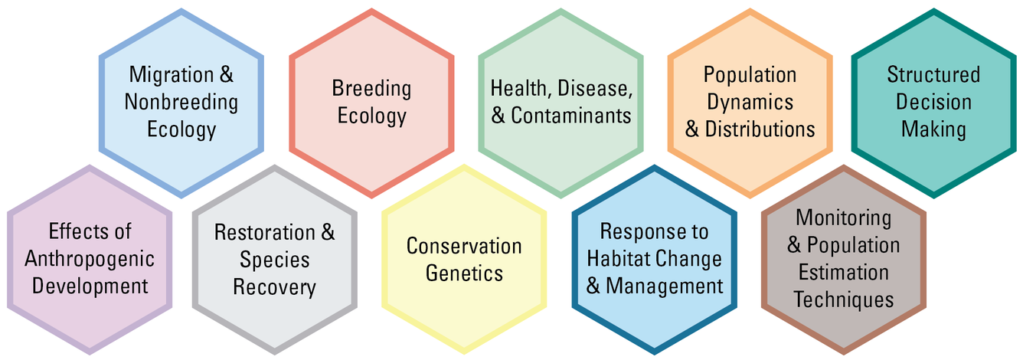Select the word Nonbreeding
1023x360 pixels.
tap(181, 102)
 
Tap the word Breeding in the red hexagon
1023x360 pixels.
tap(371, 89)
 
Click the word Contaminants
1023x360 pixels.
tap(571, 116)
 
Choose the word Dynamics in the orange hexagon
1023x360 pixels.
tap(750, 102)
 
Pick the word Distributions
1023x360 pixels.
tap(760, 129)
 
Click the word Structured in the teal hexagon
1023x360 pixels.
tap(933, 75)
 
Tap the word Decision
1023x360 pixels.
tap(933, 102)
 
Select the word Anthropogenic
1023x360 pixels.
tap(90, 259)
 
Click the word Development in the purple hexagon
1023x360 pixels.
tap(90, 286)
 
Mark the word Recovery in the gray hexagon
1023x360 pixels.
tap(274, 287)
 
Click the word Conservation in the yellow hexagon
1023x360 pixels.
tap(464, 246)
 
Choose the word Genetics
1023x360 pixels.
tap(464, 273)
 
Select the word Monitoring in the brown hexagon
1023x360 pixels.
tap(843, 218)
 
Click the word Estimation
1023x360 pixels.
tap(843, 273)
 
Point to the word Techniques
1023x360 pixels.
tap(843, 299)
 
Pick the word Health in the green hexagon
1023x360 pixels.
tap(519, 89)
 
